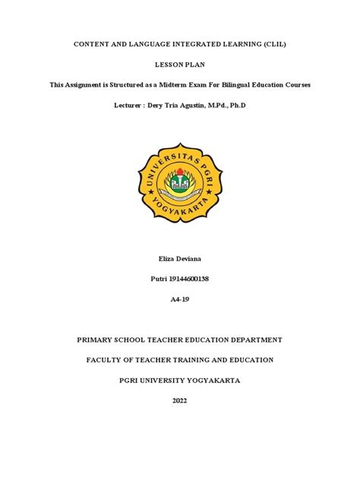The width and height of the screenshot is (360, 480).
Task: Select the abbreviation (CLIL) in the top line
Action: click(x=270, y=46)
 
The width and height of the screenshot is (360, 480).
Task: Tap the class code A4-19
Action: click(x=179, y=299)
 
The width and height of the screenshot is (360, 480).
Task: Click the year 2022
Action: click(x=179, y=401)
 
